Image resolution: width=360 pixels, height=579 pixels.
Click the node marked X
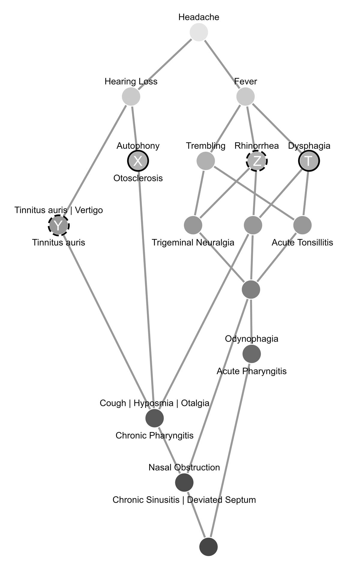point(138,161)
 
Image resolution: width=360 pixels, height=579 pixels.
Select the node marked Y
point(59,226)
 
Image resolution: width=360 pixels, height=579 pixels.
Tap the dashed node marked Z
point(257,161)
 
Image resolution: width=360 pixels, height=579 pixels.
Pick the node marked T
point(309,161)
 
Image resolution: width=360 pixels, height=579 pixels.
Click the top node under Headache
point(199,32)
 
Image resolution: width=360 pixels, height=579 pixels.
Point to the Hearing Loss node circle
point(131,97)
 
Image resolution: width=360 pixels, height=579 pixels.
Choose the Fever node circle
point(246,97)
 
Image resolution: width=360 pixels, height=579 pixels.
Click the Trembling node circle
point(206,161)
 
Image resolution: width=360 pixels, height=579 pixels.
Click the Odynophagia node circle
point(251,354)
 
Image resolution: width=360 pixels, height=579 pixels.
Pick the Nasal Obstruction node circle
point(184,483)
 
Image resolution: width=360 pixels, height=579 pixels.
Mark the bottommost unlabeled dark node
point(208,547)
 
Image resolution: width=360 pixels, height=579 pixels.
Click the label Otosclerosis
point(138,178)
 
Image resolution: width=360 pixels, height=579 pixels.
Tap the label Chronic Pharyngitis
point(154,435)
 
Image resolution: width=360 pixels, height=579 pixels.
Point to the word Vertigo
point(89,210)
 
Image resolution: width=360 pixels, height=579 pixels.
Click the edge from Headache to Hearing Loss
point(165,64)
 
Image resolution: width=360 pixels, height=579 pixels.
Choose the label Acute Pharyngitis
point(252,371)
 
